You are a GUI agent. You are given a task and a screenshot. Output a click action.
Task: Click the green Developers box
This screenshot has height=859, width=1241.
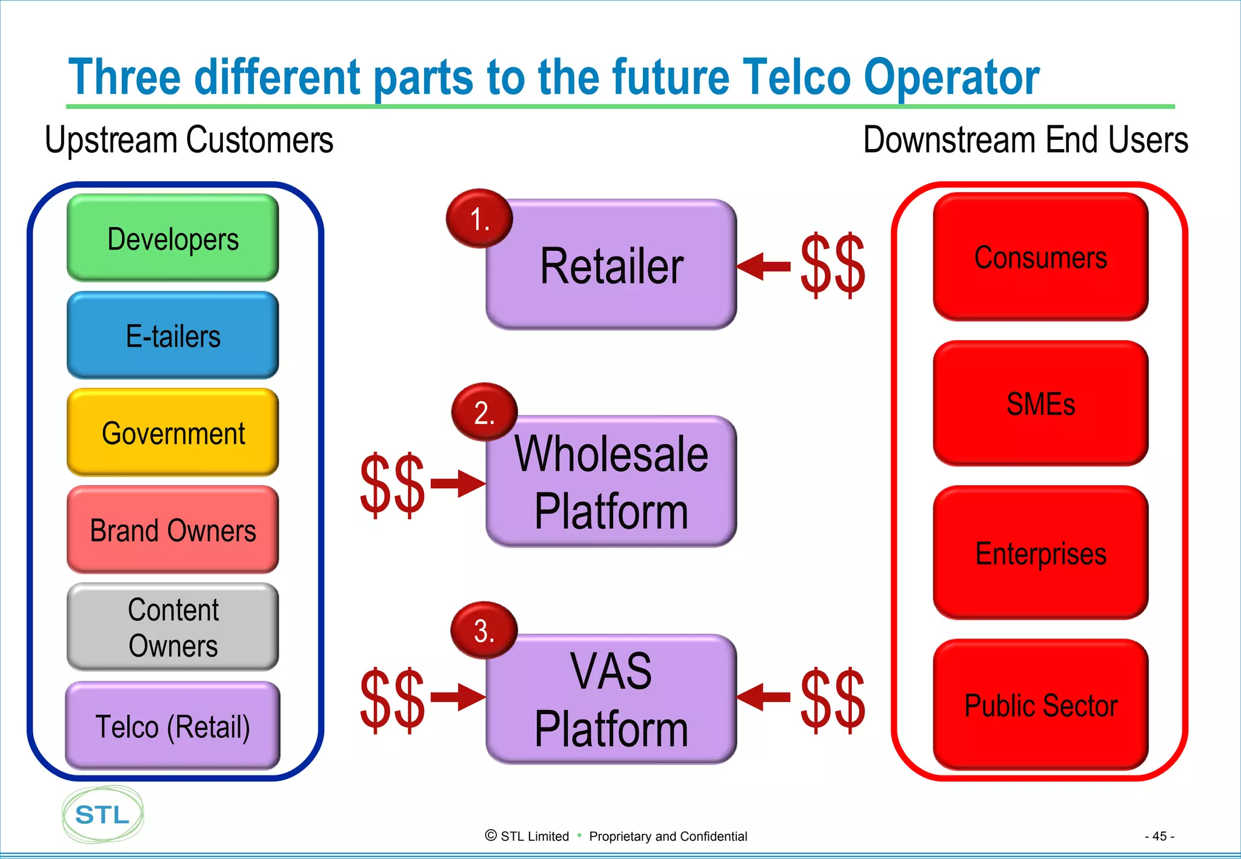click(x=173, y=238)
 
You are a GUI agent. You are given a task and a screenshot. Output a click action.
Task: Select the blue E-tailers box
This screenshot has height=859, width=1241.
click(x=173, y=336)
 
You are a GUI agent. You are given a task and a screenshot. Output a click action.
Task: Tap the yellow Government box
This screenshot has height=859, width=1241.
click(x=173, y=433)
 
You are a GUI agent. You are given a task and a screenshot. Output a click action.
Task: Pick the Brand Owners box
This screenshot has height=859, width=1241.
click(x=173, y=530)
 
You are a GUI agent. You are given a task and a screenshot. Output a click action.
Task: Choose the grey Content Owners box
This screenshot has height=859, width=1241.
click(x=173, y=627)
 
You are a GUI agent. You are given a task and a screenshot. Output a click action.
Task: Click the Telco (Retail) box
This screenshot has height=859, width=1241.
click(x=173, y=726)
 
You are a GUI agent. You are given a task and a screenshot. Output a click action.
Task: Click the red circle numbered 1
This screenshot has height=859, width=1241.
click(x=479, y=219)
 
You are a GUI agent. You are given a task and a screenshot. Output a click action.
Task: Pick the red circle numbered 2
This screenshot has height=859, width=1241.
click(x=484, y=413)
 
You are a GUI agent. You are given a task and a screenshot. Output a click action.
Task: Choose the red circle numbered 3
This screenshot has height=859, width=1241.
click(x=484, y=631)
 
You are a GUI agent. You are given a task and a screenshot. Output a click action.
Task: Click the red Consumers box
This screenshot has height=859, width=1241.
click(x=1040, y=257)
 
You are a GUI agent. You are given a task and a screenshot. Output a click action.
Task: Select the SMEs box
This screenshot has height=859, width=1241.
click(x=1040, y=403)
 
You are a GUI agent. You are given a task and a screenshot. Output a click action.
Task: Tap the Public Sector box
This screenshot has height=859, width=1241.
click(x=1040, y=705)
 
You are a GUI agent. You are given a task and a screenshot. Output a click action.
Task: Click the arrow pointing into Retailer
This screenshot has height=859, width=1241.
click(x=764, y=267)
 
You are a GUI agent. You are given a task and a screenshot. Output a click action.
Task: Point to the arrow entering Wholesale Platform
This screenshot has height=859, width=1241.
click(x=458, y=483)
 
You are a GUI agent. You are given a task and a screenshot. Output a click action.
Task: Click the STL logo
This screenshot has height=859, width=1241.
click(x=102, y=815)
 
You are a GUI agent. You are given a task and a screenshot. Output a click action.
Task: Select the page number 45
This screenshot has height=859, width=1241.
click(x=1159, y=836)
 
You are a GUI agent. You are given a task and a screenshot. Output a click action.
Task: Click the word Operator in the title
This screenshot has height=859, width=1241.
click(x=951, y=78)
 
